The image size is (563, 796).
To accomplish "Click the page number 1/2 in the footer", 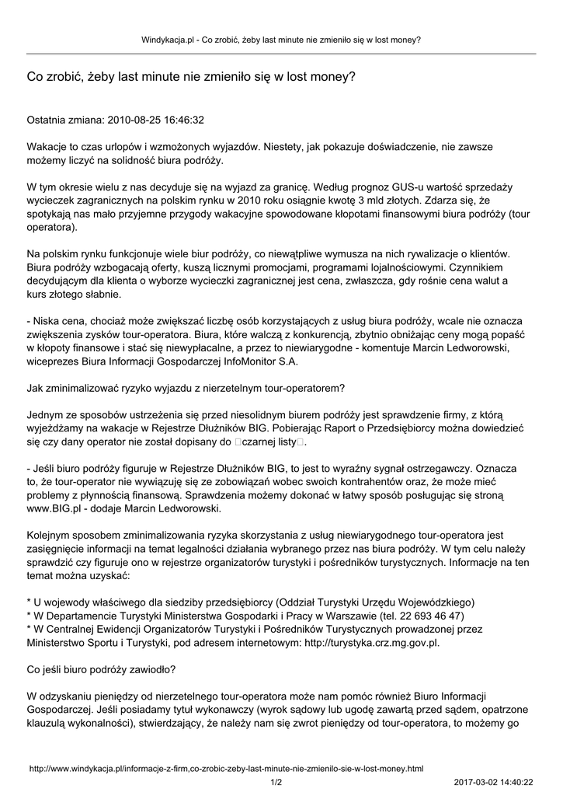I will click(x=276, y=782).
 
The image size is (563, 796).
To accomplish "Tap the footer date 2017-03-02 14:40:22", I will click(x=493, y=782).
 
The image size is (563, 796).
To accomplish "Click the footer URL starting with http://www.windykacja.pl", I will click(x=226, y=768).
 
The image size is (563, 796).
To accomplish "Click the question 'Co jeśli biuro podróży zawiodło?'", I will click(x=101, y=669).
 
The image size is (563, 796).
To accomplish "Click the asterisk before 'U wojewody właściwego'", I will click(x=30, y=602).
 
